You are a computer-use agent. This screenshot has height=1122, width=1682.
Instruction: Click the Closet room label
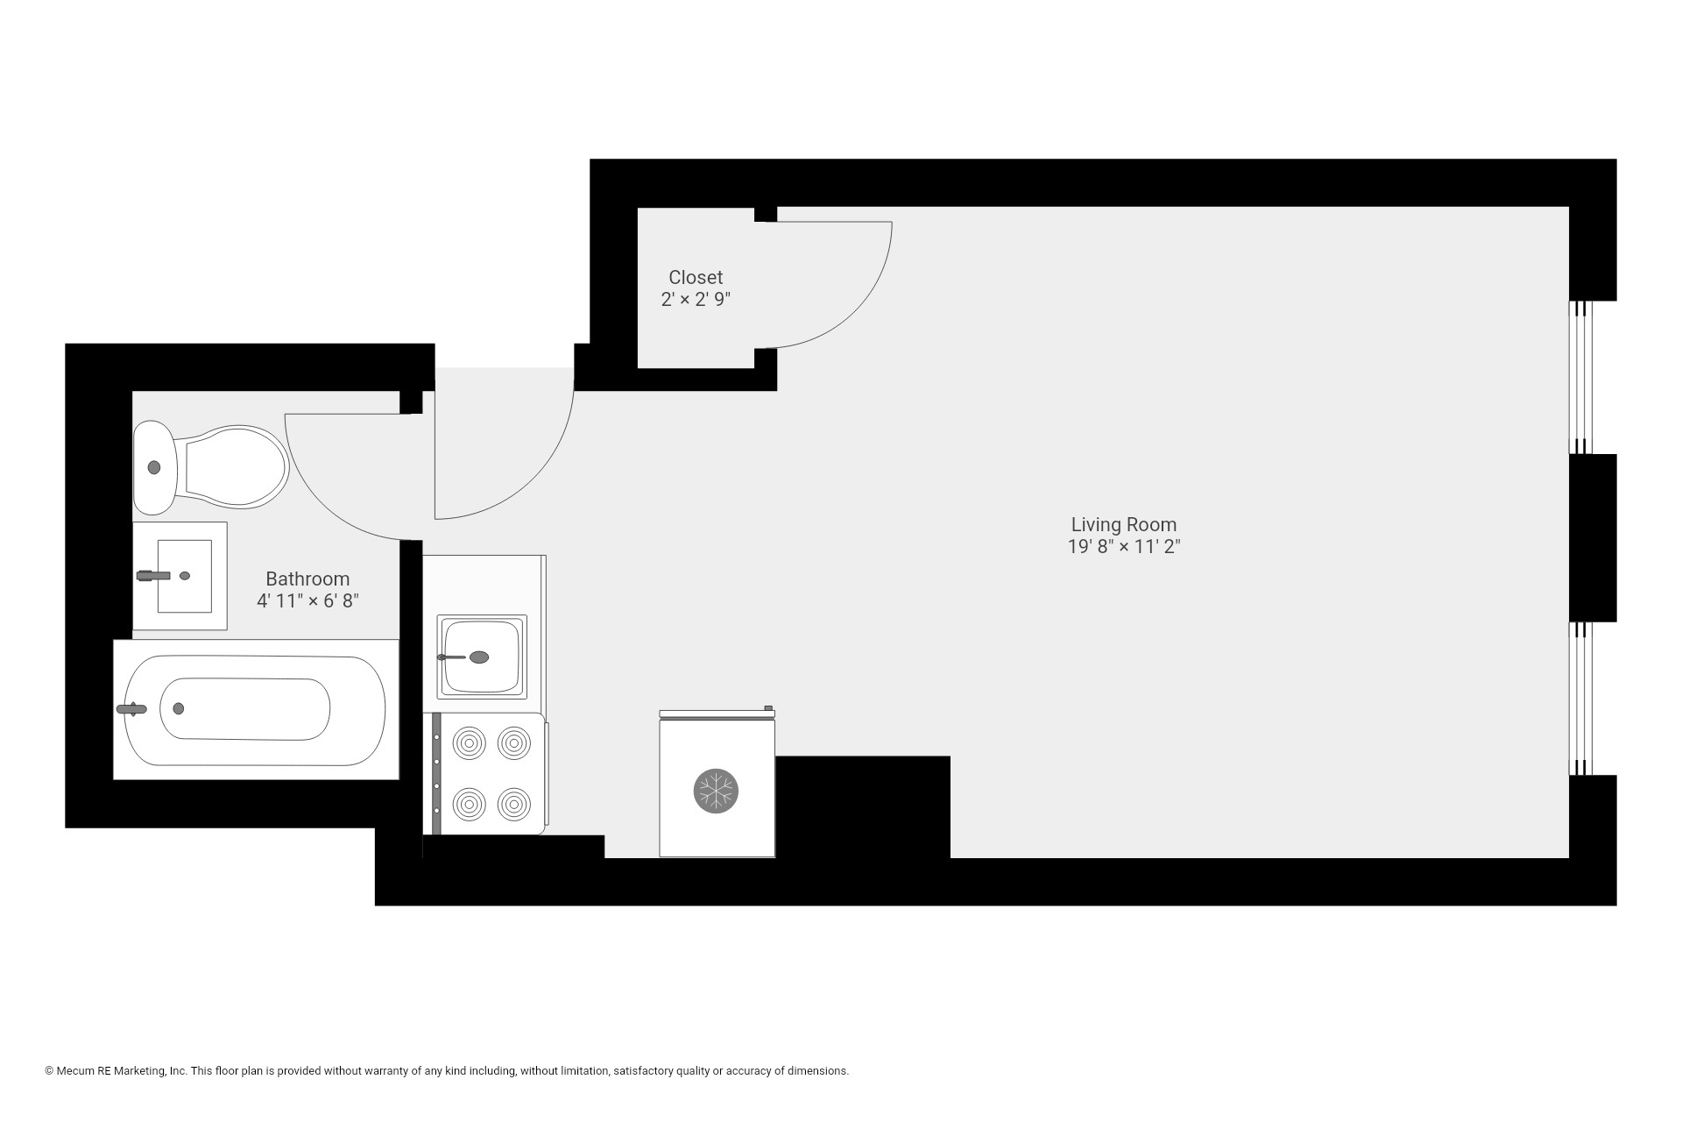696,277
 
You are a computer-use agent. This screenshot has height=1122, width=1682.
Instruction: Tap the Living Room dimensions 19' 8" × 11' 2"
1124,547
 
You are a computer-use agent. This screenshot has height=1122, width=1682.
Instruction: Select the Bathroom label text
307,579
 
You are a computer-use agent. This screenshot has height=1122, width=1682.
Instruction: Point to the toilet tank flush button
155,467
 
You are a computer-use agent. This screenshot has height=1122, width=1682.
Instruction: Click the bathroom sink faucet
153,576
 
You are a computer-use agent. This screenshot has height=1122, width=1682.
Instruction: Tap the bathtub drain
179,708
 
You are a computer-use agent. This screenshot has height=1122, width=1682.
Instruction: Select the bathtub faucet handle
131,709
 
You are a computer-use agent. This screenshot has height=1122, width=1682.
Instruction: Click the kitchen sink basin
481,657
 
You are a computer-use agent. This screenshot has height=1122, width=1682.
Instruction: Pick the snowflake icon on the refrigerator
716,791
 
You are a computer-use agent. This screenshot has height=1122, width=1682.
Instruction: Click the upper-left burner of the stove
470,744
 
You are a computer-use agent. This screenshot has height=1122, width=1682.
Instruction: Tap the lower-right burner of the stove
514,803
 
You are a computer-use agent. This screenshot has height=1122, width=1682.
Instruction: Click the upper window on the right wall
1579,377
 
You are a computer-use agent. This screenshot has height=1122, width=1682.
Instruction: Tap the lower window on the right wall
1579,699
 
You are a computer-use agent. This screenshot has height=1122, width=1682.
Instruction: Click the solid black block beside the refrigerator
862,806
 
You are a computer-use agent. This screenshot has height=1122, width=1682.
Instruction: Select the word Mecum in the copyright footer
76,1071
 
